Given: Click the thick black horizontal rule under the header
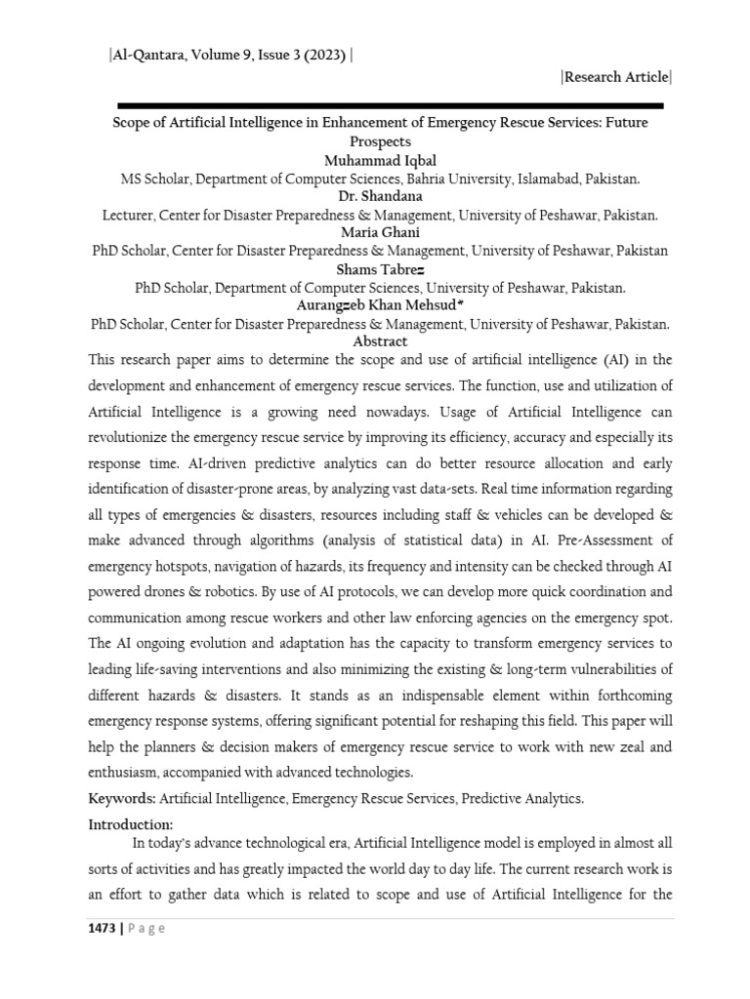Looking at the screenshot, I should tap(391, 105).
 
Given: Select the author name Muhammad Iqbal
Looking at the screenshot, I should tap(380, 161).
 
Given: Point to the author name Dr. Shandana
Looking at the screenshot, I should tap(380, 197).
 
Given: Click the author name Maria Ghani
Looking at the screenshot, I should tap(380, 232).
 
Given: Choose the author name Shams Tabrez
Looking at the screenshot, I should tap(380, 269).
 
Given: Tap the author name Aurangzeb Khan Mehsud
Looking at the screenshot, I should tap(380, 305).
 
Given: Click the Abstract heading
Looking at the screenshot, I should tap(380, 341).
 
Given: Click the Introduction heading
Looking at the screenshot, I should tap(131, 824).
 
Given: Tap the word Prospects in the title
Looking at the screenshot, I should tap(380, 142).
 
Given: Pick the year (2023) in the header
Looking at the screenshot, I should tap(323, 56).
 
